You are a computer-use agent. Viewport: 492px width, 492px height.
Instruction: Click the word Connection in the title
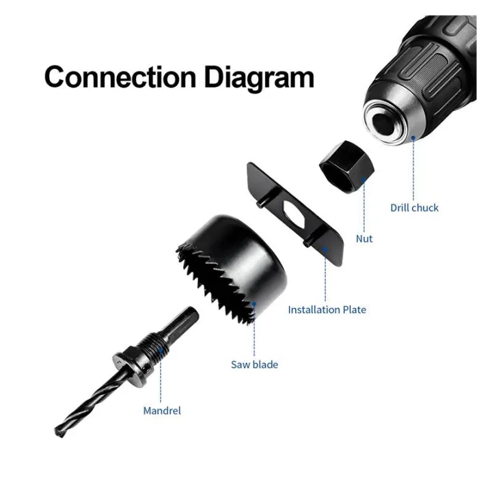(120, 77)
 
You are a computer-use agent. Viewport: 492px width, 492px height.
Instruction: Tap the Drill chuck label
(414, 208)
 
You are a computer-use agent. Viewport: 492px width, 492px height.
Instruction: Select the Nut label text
(364, 238)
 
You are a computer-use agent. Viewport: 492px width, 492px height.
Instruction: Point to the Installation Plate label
(327, 310)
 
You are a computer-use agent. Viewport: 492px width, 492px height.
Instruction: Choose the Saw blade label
(254, 365)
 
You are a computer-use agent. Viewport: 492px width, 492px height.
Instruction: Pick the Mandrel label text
(162, 411)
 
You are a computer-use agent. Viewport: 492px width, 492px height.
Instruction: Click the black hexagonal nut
(346, 167)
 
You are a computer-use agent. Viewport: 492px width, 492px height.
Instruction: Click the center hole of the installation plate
(295, 215)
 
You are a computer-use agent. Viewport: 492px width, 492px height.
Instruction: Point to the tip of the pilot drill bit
(57, 433)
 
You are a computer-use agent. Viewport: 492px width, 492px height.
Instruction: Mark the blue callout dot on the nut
(364, 180)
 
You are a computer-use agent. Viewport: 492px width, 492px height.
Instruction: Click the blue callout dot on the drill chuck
(413, 137)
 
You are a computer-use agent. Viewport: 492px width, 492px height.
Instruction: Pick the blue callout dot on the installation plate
(325, 249)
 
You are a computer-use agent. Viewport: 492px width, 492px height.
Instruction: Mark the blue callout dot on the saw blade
(254, 303)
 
